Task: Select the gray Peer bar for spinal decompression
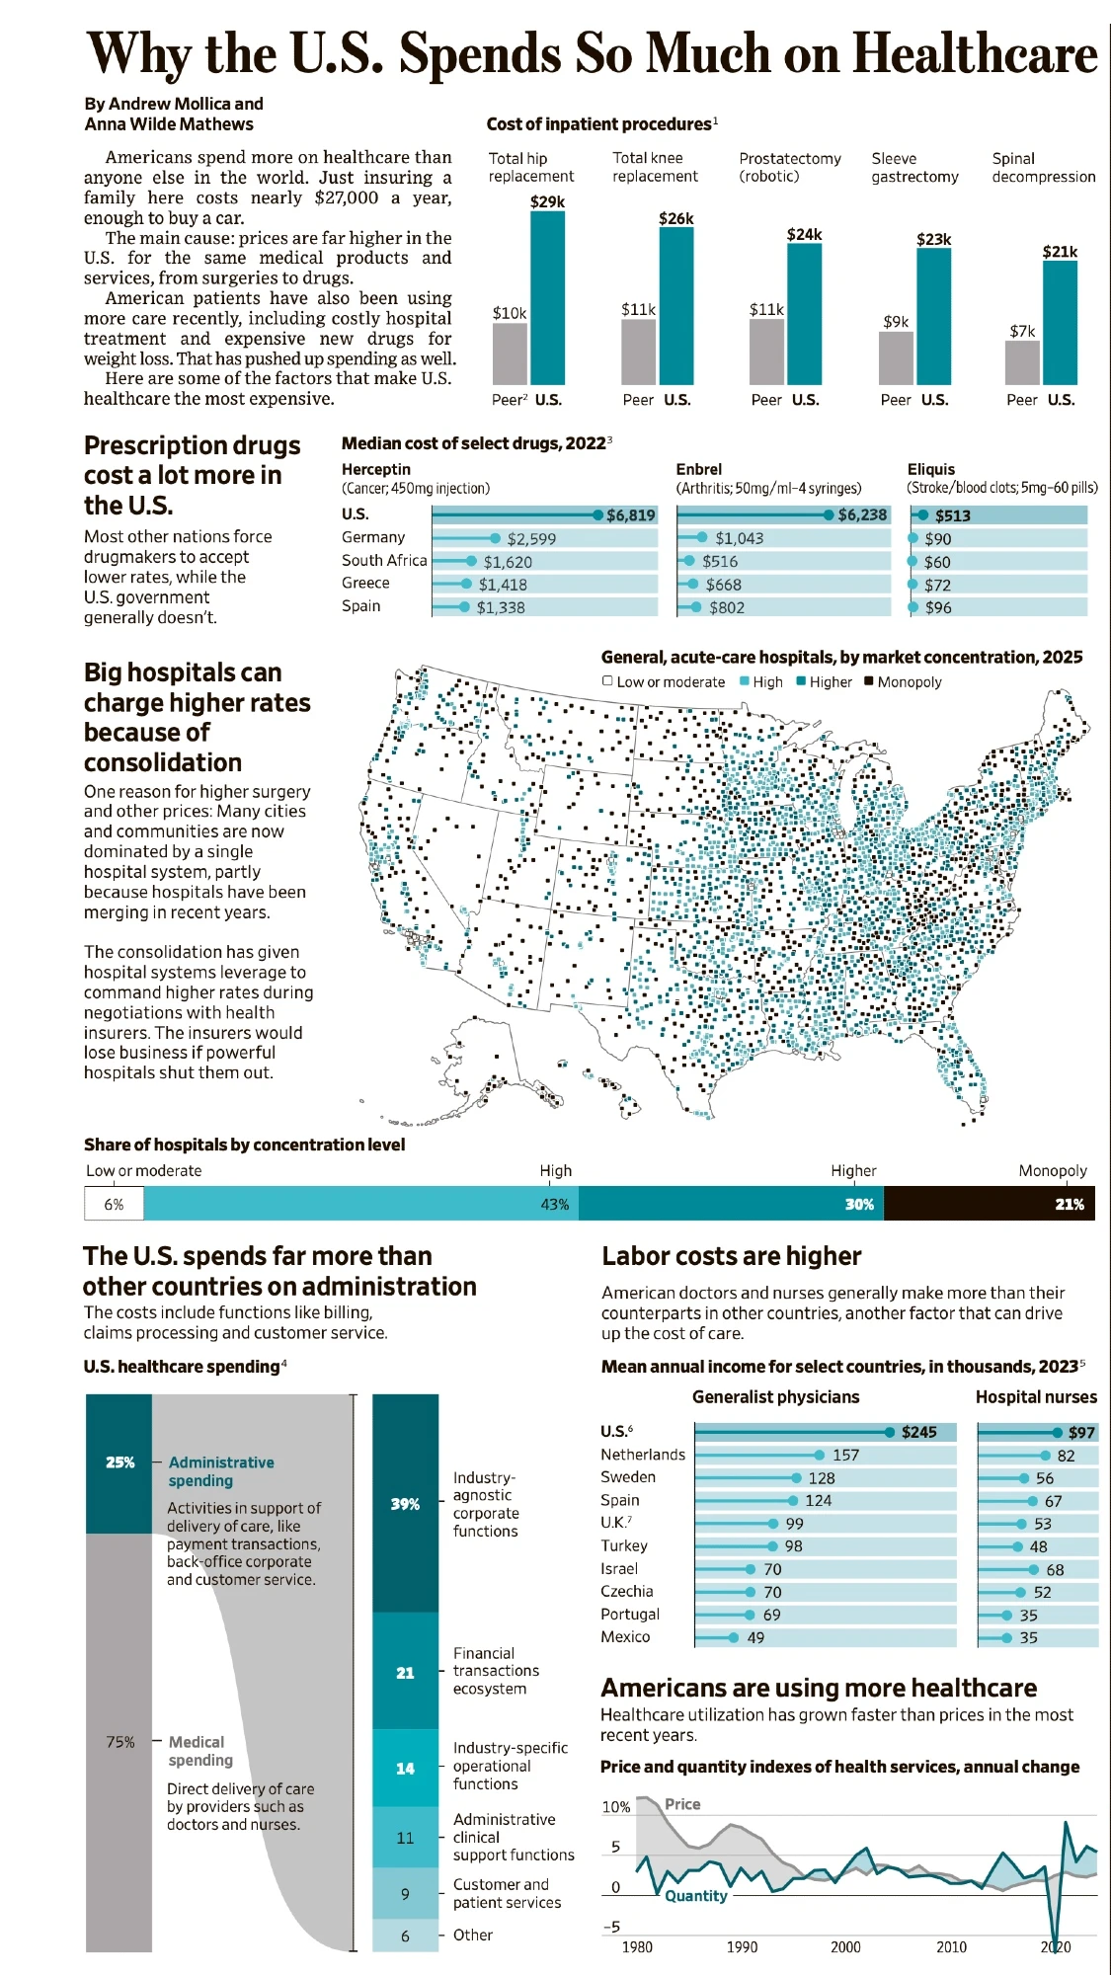coord(1022,362)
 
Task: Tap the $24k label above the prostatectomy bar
coord(804,234)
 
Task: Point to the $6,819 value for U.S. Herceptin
coord(630,515)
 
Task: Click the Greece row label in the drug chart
coord(365,584)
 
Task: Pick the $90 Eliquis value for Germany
coord(937,539)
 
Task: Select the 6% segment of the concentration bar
coord(114,1205)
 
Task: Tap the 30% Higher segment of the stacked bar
coord(731,1205)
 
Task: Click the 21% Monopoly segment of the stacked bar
coord(989,1205)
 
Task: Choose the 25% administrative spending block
coord(119,1462)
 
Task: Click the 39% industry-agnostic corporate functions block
coord(405,1504)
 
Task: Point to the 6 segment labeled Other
coord(405,1935)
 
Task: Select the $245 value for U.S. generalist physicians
coord(918,1432)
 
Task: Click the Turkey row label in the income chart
coord(624,1546)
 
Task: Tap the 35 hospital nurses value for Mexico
coord(1028,1638)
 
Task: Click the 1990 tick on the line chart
coord(742,1947)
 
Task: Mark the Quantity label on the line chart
coord(695,1896)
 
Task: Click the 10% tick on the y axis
coord(616,1807)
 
